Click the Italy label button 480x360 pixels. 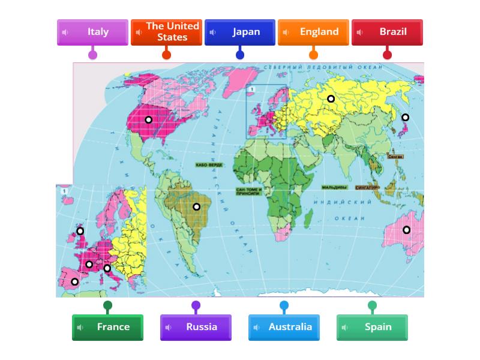[92, 32]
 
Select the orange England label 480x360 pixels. [313, 32]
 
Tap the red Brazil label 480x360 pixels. [387, 32]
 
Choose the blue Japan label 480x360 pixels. [240, 32]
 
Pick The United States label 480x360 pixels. [166, 32]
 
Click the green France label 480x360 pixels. [107, 328]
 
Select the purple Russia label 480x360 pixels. [196, 328]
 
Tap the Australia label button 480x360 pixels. [284, 328]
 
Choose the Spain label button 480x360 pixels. [372, 328]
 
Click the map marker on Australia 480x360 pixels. [406, 230]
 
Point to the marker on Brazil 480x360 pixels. [196, 207]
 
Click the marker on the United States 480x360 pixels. [148, 120]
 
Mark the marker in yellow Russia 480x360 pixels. [331, 99]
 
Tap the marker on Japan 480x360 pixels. [405, 118]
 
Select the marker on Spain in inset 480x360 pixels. [74, 281]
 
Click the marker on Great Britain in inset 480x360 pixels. [80, 231]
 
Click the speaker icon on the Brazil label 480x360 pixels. [360, 32]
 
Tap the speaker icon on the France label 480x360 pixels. [80, 328]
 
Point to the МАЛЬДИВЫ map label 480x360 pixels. [334, 187]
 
